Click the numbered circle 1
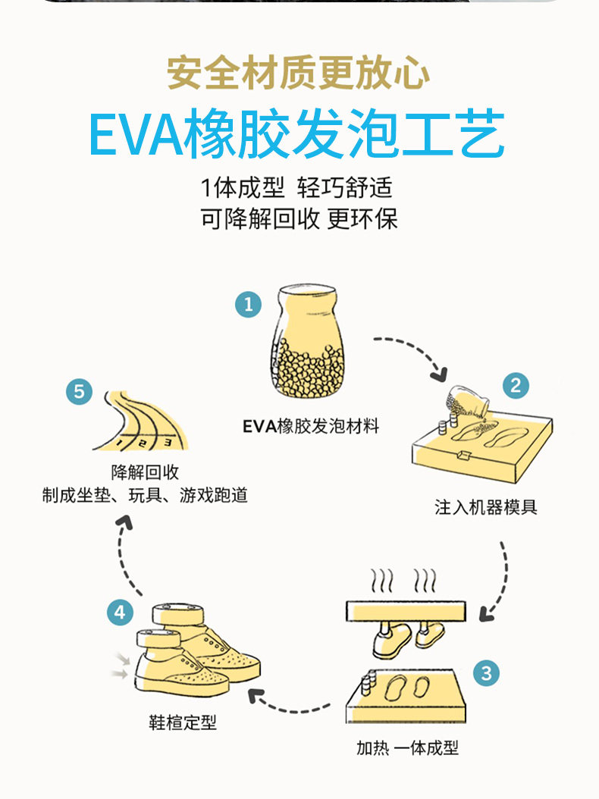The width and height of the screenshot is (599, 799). click(248, 304)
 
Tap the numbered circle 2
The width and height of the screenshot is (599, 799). click(516, 386)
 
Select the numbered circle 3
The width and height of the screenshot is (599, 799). click(486, 672)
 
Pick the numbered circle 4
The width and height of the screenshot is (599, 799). click(120, 612)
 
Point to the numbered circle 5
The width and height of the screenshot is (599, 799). click(79, 391)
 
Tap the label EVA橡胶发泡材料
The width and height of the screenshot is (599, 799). click(310, 426)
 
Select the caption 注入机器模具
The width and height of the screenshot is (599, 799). click(486, 507)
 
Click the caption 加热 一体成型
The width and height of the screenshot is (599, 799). click(407, 747)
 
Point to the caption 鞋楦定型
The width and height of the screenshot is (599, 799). click(183, 722)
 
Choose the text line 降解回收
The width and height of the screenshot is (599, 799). click(145, 472)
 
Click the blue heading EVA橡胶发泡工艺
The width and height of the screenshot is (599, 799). click(297, 134)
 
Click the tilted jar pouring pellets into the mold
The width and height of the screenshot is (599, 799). click(467, 402)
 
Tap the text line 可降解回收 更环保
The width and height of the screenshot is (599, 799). click(298, 218)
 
